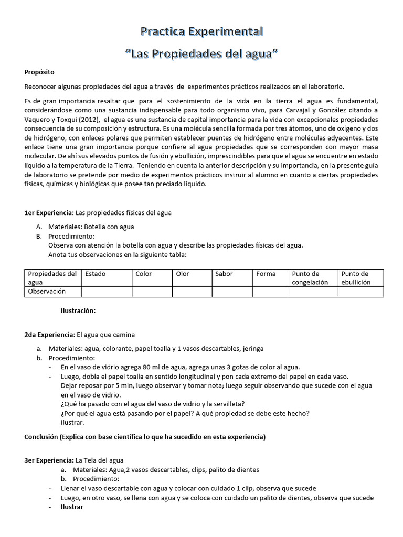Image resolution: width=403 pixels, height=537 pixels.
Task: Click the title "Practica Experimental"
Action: tap(201, 32)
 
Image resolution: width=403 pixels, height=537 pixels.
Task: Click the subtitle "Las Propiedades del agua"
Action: tap(201, 54)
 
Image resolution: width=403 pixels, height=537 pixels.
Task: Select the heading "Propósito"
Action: tap(39, 72)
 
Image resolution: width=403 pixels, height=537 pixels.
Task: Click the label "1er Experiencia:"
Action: tap(49, 213)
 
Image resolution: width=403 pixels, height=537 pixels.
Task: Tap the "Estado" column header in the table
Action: tap(96, 274)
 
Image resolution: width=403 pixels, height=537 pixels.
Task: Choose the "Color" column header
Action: tap(143, 274)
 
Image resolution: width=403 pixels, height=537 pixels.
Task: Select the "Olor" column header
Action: tap(183, 274)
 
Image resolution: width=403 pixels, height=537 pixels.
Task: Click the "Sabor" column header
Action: tap(224, 274)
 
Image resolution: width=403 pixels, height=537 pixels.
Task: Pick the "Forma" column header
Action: tap(266, 274)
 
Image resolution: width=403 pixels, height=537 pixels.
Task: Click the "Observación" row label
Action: tap(47, 291)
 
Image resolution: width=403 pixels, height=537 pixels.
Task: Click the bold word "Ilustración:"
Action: tap(79, 310)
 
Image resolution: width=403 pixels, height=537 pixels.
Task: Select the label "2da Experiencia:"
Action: tap(50, 334)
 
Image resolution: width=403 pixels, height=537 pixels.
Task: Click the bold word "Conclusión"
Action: tap(42, 437)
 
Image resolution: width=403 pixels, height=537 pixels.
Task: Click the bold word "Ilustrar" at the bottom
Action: tap(72, 507)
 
